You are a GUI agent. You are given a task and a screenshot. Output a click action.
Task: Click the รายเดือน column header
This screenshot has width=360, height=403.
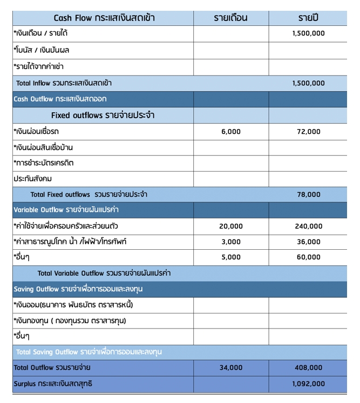click(230, 18)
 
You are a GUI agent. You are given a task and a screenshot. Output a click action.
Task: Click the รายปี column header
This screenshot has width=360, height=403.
click(308, 18)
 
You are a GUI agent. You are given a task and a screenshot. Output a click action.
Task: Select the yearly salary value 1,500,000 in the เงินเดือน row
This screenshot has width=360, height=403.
click(308, 33)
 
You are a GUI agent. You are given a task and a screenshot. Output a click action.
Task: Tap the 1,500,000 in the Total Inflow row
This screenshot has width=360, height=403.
click(308, 83)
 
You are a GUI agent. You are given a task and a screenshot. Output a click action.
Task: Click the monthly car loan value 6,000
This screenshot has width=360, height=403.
click(231, 132)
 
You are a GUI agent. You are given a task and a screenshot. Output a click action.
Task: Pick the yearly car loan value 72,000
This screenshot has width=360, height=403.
click(308, 132)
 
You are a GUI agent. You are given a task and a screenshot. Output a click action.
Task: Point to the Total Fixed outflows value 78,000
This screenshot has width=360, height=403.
click(308, 195)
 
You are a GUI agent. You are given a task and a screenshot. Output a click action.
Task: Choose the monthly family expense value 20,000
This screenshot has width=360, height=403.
click(231, 226)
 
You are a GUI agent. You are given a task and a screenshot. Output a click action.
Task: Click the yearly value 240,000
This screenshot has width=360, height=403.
click(308, 226)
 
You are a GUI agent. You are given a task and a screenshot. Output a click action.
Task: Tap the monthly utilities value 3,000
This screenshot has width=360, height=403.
click(231, 242)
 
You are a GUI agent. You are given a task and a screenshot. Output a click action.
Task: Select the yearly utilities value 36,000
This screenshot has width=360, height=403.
click(308, 242)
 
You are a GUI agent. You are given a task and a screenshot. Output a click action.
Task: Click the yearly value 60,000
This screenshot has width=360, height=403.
click(308, 257)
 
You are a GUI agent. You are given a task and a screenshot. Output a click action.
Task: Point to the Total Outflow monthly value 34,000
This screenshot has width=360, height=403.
click(231, 368)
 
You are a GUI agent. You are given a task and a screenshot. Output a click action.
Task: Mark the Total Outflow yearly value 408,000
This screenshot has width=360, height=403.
click(308, 368)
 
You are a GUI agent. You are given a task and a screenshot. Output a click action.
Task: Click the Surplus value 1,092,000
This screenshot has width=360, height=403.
click(308, 384)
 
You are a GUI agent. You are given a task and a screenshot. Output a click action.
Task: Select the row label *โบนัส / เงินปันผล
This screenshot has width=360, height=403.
click(41, 50)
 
